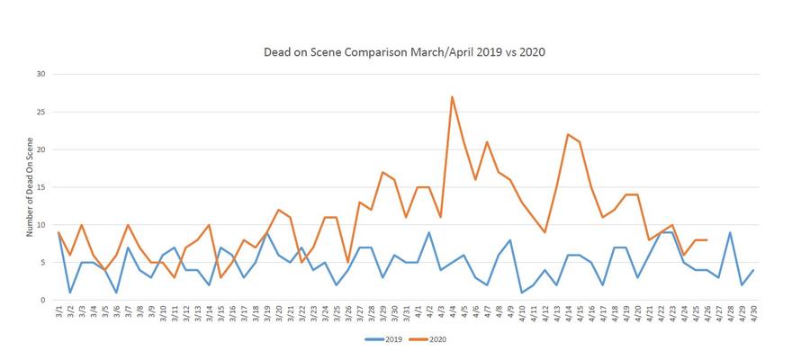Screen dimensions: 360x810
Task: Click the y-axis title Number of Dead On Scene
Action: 31,187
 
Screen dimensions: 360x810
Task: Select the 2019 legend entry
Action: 383,340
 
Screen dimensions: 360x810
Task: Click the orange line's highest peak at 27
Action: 452,96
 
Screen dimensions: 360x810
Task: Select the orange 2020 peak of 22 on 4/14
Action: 568,134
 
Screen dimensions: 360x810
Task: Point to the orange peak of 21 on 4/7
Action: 487,142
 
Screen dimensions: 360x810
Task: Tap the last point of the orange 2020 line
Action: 706,239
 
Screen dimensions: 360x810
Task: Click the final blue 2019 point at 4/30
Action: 752,270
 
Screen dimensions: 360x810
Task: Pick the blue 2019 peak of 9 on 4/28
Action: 729,232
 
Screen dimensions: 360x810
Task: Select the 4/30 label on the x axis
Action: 752,314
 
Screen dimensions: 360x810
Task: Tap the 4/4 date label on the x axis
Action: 452,312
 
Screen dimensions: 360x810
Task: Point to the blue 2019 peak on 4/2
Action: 428,232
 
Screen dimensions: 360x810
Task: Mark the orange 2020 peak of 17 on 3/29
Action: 382,172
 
